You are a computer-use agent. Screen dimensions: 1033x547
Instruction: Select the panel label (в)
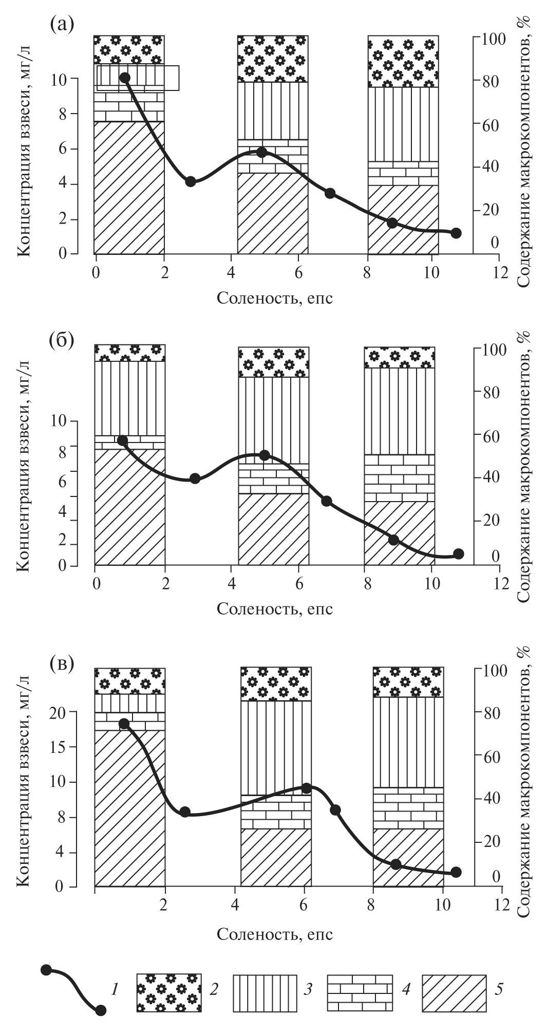[61, 662]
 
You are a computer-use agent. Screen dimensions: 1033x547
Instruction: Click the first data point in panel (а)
[124, 78]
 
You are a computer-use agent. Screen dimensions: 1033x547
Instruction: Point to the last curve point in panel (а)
[456, 233]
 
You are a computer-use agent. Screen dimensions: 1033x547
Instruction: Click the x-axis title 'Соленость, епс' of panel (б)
[275, 608]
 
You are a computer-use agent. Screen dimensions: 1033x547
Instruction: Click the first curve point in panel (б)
[122, 440]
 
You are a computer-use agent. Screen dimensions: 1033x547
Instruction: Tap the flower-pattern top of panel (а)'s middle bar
[272, 59]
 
